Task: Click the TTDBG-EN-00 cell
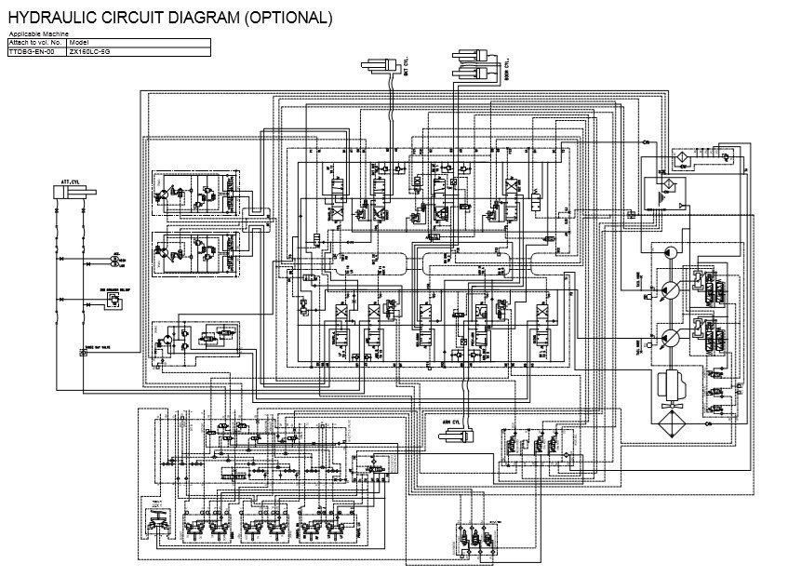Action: (31, 52)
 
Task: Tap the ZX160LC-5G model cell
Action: (89, 52)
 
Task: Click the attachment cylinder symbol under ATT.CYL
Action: (74, 192)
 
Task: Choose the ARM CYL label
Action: (454, 422)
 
